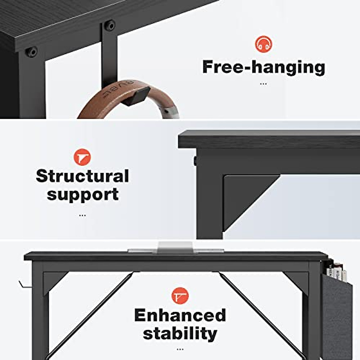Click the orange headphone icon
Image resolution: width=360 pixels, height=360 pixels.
click(263, 44)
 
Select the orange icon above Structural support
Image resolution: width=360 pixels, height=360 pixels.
click(82, 157)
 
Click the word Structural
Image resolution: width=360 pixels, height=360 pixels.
click(82, 176)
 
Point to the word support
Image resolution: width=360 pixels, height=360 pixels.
click(82, 194)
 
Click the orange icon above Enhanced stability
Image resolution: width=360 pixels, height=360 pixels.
click(180, 296)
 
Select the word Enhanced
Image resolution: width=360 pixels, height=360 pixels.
click(180, 315)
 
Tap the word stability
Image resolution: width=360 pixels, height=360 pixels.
click(180, 334)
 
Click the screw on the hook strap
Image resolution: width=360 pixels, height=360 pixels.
click(110, 25)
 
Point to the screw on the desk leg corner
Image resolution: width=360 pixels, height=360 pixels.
click(31, 52)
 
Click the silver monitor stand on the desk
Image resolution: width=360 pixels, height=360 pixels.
click(175, 247)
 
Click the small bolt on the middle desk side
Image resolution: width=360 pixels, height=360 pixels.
click(195, 161)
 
